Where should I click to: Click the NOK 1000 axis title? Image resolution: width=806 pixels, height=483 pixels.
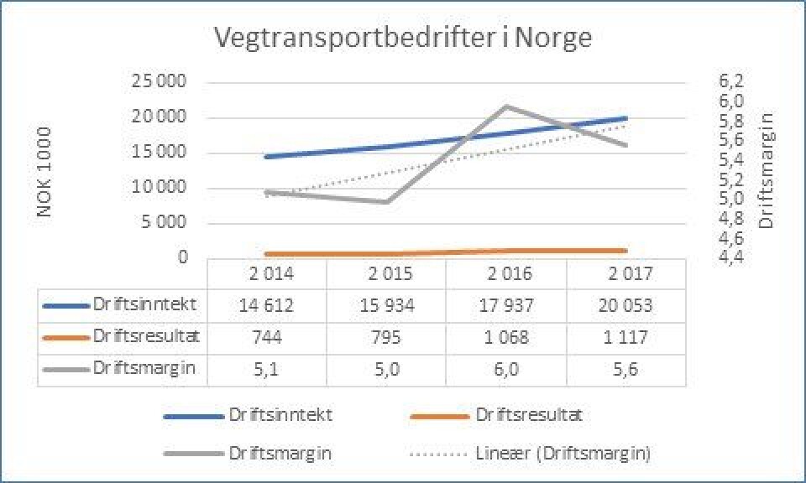[x=46, y=173]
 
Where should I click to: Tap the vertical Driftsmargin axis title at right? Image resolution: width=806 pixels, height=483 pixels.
[x=766, y=174]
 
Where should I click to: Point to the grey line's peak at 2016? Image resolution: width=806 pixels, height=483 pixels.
[x=506, y=106]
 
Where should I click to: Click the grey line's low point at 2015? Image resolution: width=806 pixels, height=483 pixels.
[x=386, y=202]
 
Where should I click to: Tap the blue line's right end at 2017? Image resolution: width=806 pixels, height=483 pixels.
[x=626, y=118]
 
